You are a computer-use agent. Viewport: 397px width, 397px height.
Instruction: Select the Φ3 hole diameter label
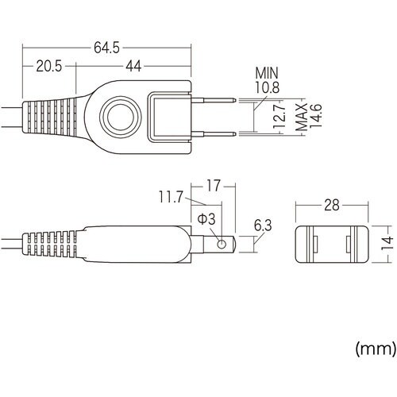[x=205, y=217]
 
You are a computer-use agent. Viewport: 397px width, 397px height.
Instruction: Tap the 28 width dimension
[x=332, y=206]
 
